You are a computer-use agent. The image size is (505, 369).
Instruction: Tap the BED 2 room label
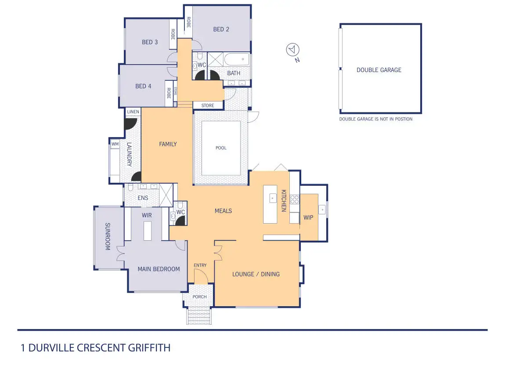[221, 29]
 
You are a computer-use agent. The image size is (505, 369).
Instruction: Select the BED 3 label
[150, 42]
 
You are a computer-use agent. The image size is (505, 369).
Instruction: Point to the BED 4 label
[143, 87]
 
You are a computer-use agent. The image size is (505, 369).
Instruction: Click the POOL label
[221, 148]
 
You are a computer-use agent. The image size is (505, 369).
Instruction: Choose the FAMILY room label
[168, 144]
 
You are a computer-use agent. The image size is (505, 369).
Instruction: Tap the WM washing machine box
[115, 144]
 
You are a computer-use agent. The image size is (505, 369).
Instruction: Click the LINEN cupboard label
[133, 112]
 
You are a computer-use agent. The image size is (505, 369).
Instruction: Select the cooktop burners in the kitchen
[294, 199]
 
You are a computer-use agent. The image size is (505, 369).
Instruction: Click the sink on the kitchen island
[273, 198]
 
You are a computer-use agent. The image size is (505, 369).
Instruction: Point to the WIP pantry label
[308, 217]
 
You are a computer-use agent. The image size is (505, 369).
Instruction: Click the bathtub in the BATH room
[237, 59]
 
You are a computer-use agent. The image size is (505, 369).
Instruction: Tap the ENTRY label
[200, 265]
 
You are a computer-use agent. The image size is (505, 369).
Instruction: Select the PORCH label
[200, 297]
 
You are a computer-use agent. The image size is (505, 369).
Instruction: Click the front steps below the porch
[199, 316]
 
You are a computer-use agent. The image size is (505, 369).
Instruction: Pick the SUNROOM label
[108, 236]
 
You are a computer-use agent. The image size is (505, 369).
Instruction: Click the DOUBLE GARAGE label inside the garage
[379, 70]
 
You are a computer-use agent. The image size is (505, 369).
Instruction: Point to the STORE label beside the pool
[208, 105]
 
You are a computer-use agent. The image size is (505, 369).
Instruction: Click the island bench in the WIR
[148, 231]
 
